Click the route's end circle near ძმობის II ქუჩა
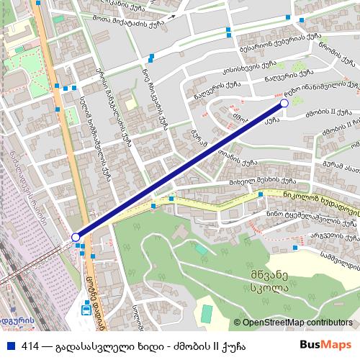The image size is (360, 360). (x=284, y=104)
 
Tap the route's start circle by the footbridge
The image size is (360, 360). (x=76, y=237)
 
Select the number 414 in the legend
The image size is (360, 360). (x=30, y=346)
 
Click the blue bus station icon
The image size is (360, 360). (x=86, y=310)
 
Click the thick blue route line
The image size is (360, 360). (x=180, y=171)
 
